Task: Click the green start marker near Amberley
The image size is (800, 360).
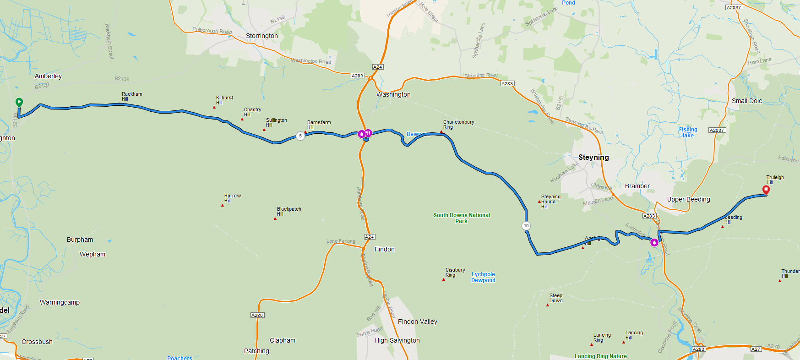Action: (19, 102)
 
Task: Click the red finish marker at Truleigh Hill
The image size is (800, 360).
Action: (766, 189)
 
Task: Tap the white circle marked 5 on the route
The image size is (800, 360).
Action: (300, 136)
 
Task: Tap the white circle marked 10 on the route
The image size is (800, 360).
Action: (526, 225)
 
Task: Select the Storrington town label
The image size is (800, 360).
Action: (261, 36)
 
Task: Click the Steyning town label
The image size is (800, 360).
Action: (593, 157)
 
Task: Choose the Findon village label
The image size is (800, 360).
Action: (384, 249)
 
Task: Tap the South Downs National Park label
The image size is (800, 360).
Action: (461, 218)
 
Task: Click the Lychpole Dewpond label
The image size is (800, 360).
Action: (483, 277)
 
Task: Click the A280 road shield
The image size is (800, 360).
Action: (257, 315)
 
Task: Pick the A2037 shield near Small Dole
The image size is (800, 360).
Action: (717, 130)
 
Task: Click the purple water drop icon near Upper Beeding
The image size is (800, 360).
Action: (654, 243)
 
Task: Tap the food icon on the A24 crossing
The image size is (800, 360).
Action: (369, 133)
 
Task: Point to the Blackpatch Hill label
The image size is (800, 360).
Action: (288, 211)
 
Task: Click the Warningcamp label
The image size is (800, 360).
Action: (60, 302)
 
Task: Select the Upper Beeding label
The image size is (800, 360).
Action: (688, 199)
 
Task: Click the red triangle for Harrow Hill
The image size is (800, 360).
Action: (223, 205)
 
